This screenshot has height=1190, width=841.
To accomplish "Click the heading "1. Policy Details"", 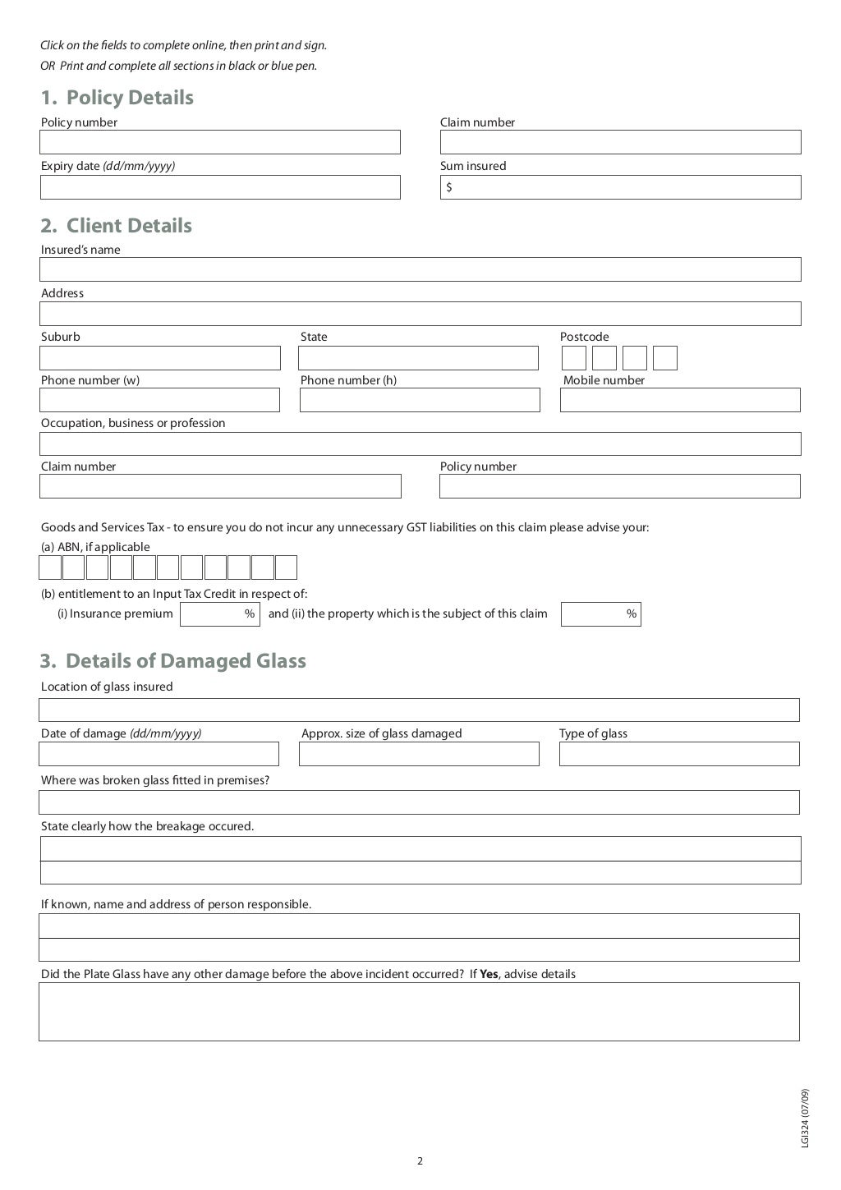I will [117, 98].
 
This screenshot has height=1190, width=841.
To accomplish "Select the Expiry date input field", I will [220, 187].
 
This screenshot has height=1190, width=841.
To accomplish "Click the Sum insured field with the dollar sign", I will [620, 187].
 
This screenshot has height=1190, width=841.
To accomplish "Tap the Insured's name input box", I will [420, 269].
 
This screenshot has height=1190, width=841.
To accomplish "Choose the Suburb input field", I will [160, 358].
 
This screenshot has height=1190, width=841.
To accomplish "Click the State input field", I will [418, 358].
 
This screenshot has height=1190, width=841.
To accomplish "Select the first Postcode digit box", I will [574, 358].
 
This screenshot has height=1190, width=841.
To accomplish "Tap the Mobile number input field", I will [680, 400].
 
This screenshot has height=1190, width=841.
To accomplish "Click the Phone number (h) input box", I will [420, 400].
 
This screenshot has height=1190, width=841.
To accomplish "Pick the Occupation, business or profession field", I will [420, 443].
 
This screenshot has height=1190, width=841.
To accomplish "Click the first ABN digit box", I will [50, 567].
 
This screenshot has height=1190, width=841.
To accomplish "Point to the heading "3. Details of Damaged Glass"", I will [173, 661].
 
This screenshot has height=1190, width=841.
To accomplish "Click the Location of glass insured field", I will [419, 710].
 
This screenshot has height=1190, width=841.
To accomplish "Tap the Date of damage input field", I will [159, 754].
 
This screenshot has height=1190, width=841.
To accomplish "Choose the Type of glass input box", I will [679, 754].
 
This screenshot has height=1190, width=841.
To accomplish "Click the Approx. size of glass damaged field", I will [419, 754].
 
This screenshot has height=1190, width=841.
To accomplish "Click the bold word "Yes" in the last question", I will [489, 975].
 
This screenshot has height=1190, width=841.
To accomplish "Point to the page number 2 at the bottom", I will [420, 1161].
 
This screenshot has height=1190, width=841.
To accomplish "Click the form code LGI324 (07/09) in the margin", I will [805, 1119].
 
